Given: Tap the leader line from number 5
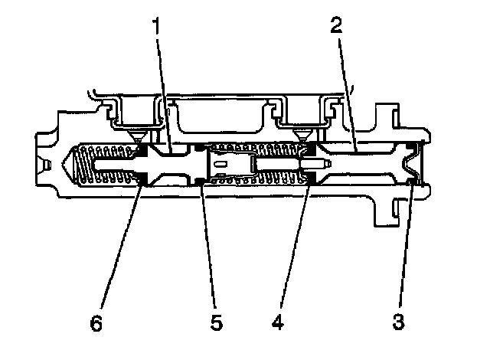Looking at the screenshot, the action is [x=207, y=245].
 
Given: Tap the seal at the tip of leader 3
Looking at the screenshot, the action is [x=413, y=181].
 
